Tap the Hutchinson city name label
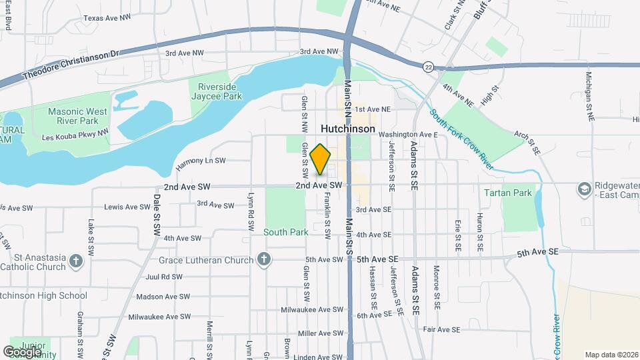click(347, 128)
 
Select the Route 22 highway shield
click(428, 66)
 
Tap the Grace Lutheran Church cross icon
click(264, 259)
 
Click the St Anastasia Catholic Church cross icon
click(76, 260)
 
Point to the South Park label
click(285, 232)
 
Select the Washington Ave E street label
click(408, 134)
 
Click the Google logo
click(23, 351)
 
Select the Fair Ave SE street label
click(441, 329)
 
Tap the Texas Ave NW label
click(107, 18)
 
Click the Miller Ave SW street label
click(315, 333)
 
